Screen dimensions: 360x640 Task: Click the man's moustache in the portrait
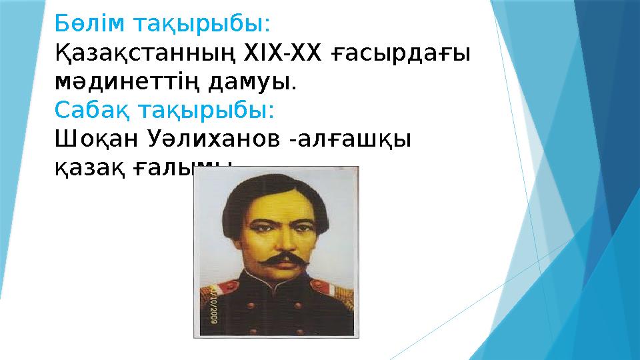pyautogui.click(x=278, y=259)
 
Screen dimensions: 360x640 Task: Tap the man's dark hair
pyautogui.click(x=277, y=190)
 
